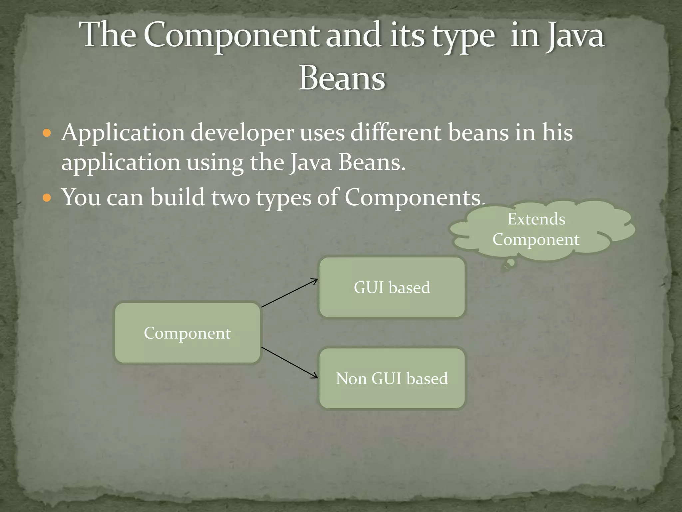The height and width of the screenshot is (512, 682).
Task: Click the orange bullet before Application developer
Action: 47,134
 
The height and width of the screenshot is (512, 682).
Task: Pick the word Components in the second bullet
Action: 413,197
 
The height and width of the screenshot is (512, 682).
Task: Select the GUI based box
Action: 392,287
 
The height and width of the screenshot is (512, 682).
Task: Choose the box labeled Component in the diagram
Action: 187,333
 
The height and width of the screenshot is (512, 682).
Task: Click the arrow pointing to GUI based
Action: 290,293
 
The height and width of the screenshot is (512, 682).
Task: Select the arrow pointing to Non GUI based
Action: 290,363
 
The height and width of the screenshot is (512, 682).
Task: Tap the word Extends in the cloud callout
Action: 536,219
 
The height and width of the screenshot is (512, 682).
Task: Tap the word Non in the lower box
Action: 351,379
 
